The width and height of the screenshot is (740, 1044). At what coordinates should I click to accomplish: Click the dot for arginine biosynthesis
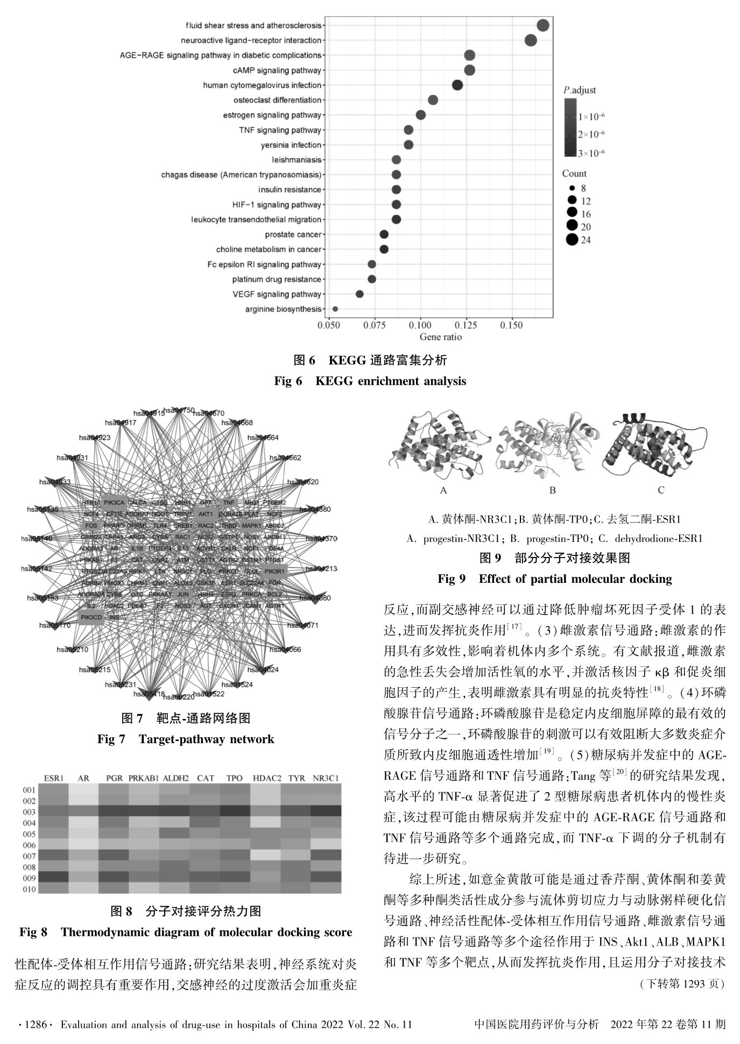click(335, 309)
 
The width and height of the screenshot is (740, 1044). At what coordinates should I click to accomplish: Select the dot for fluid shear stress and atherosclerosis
click(542, 25)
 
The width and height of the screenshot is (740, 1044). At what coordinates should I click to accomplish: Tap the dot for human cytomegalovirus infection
click(457, 85)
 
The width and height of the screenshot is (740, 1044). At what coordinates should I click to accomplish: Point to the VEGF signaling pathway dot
click(360, 294)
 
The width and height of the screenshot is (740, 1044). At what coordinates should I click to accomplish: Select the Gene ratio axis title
click(440, 337)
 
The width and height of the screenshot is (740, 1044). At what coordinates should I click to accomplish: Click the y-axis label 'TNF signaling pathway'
click(280, 130)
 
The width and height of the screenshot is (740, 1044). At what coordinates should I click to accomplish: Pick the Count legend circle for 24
click(572, 240)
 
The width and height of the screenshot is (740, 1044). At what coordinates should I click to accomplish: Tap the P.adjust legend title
click(580, 90)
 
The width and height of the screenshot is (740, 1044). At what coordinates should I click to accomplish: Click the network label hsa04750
click(179, 410)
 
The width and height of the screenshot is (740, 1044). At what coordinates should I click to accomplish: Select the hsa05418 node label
click(149, 694)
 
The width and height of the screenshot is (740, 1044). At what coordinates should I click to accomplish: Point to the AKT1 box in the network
click(206, 514)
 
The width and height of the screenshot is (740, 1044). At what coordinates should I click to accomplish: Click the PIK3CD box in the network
click(91, 617)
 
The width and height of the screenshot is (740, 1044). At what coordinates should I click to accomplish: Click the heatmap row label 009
click(29, 878)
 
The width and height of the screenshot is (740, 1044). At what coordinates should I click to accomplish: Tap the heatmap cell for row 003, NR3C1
click(326, 812)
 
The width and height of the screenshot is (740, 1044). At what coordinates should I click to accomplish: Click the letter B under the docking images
click(552, 490)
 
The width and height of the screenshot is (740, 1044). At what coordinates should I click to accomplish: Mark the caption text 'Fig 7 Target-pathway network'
click(186, 739)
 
